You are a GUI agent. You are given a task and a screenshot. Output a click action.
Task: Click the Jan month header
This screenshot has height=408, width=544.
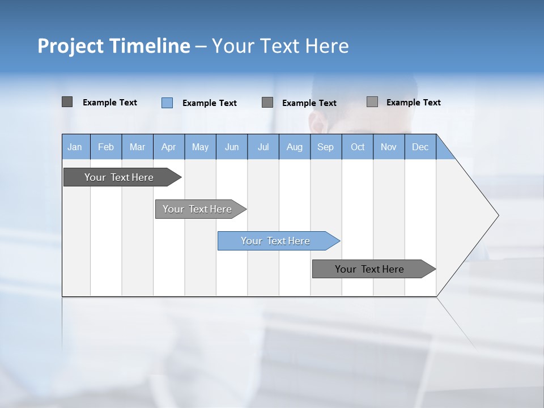(75, 147)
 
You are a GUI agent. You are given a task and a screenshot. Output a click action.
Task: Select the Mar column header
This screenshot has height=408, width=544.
(137, 147)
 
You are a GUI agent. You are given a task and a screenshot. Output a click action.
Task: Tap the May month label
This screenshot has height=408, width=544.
(200, 147)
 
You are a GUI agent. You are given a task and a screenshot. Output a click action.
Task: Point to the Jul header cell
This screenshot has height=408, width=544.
(263, 147)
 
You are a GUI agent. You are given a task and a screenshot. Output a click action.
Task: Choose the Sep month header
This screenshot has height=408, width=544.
(325, 147)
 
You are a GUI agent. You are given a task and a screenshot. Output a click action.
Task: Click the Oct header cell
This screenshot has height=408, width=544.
(358, 147)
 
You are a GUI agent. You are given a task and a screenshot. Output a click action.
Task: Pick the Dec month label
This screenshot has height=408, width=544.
(420, 147)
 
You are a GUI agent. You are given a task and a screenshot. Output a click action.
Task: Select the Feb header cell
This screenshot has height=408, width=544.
(106, 147)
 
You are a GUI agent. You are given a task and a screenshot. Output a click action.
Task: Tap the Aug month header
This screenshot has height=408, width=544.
(294, 147)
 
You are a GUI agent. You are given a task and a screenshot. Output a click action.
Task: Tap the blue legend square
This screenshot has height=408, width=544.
(167, 103)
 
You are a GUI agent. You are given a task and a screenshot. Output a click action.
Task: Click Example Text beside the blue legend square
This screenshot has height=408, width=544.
(209, 103)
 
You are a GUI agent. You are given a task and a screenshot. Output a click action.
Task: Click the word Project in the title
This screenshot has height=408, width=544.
(70, 46)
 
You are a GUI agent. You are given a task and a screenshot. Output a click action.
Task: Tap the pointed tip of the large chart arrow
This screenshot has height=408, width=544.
(497, 215)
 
